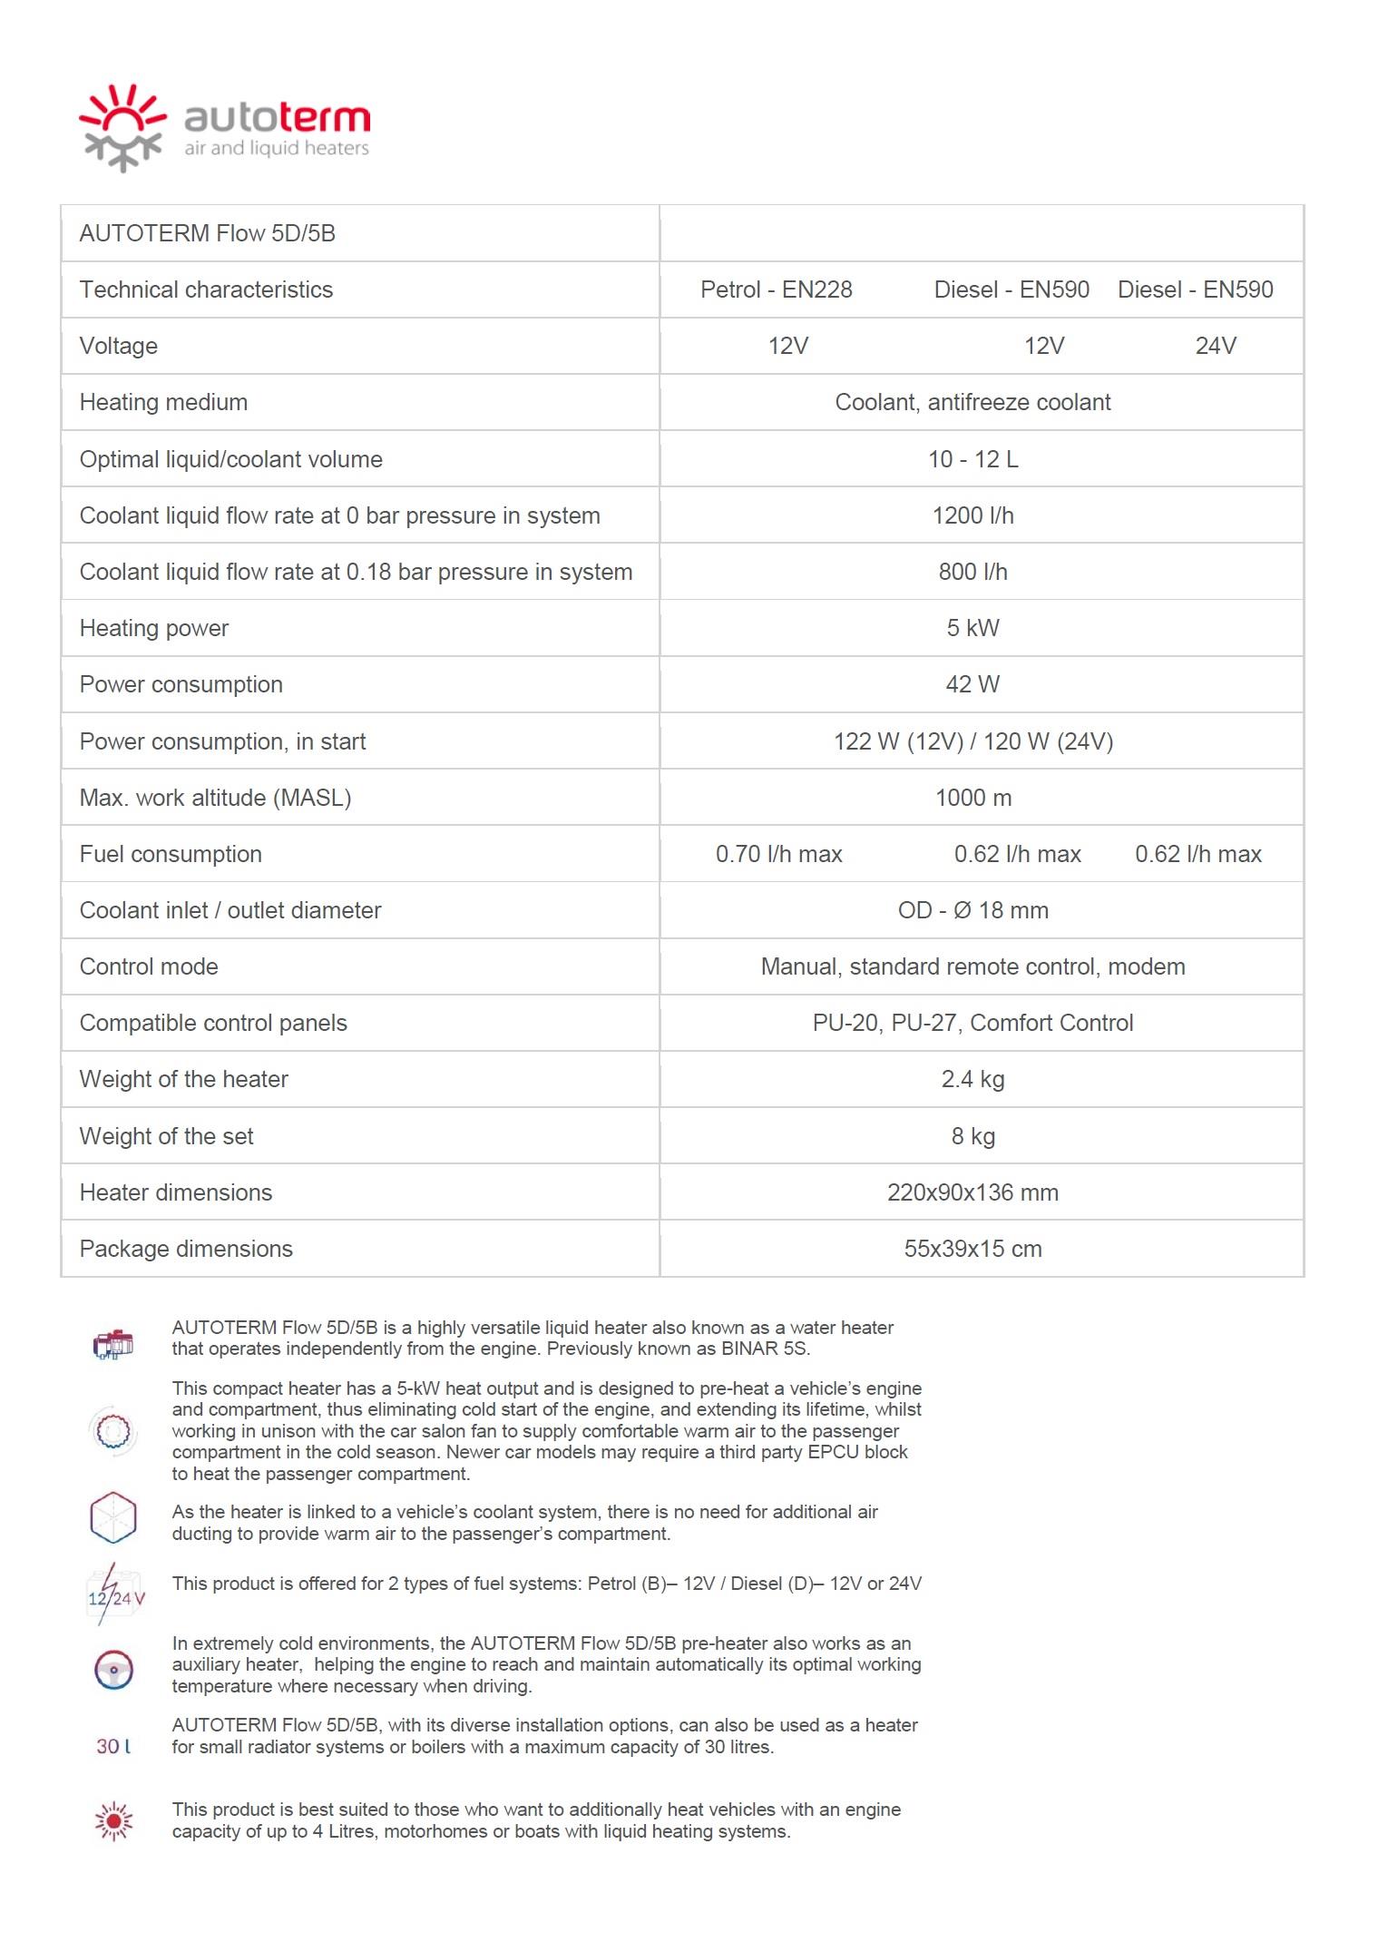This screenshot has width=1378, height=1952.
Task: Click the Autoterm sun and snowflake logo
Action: [x=122, y=127]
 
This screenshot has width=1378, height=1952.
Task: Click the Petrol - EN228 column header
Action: [x=776, y=289]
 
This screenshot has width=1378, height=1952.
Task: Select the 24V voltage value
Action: [x=1216, y=346]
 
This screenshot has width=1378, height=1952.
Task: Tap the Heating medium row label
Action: [x=163, y=402]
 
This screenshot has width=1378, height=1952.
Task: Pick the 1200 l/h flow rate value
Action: [x=972, y=515]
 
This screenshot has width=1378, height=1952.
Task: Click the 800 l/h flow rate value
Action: [x=972, y=572]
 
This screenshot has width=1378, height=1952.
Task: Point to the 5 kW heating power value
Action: [x=972, y=628]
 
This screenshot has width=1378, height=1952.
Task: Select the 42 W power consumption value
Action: [x=972, y=684]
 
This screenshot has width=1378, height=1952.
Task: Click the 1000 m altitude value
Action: [x=972, y=798]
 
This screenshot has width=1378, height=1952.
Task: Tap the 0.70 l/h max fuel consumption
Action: [x=778, y=854]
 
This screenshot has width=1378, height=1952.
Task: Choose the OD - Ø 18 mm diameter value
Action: [x=972, y=910]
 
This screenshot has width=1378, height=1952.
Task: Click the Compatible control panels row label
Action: [x=213, y=1023]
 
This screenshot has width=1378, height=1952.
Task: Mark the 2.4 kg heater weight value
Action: [x=972, y=1079]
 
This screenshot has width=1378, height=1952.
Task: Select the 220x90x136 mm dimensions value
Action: [x=972, y=1192]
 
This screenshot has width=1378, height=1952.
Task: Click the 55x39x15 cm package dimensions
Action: [x=972, y=1249]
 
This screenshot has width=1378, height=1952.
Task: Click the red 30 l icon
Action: [x=113, y=1746]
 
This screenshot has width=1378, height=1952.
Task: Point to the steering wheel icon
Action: [x=113, y=1670]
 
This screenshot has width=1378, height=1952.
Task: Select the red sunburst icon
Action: [x=113, y=1820]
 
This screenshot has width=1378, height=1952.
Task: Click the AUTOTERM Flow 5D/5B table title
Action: [x=207, y=233]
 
